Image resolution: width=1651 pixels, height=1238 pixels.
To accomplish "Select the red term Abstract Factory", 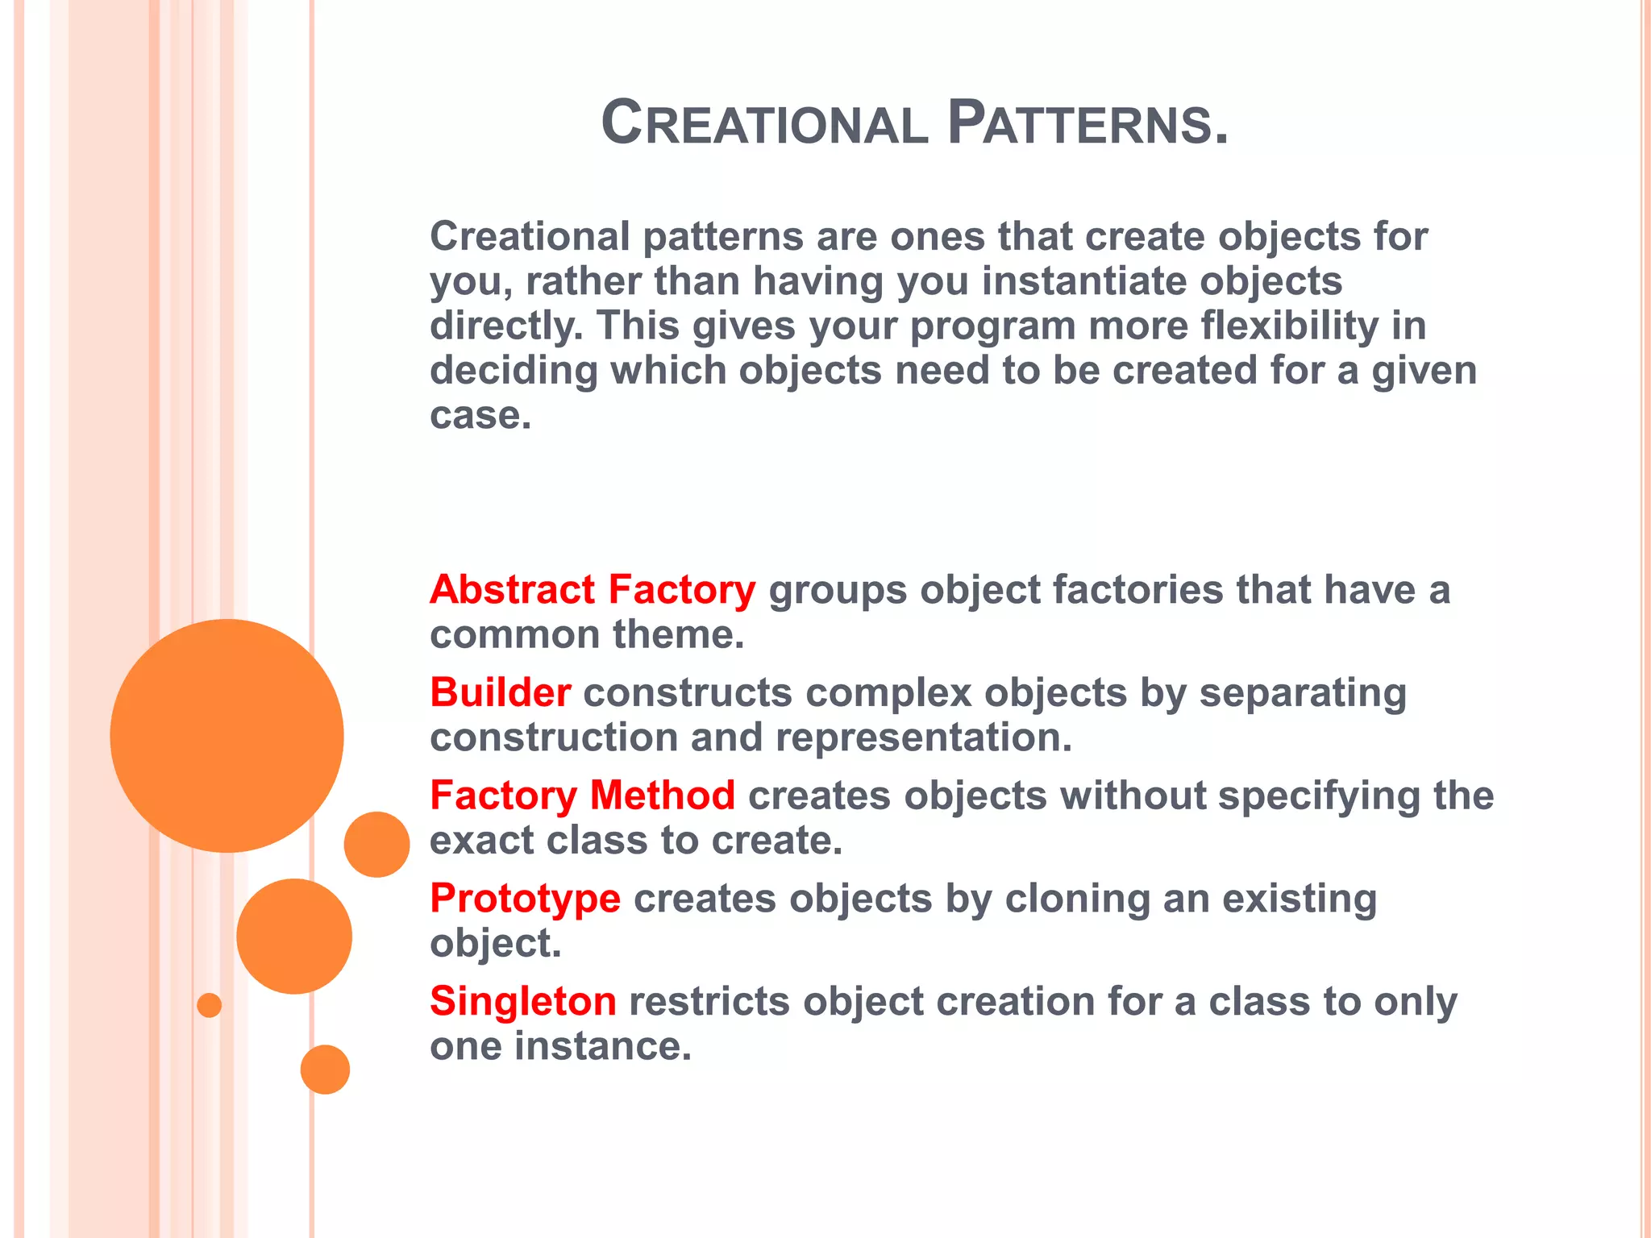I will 593,589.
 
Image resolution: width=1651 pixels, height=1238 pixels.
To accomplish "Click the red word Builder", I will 501,692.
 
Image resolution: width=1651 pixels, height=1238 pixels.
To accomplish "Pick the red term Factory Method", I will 582,796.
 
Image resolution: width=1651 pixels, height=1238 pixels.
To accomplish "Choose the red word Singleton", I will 522,1001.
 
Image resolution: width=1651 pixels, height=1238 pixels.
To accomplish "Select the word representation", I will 924,737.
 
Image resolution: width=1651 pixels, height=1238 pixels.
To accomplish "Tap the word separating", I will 1303,692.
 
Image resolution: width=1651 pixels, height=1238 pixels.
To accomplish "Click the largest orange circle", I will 227,735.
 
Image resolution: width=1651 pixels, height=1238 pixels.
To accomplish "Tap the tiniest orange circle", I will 209,1005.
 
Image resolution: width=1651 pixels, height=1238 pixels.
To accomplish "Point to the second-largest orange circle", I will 294,936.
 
